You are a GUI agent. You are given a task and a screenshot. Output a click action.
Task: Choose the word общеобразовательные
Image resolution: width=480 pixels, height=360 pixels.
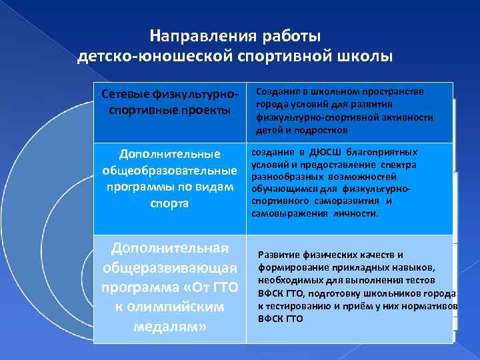tap(170, 171)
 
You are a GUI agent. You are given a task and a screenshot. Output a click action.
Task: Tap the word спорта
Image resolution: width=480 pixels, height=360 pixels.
tap(169, 203)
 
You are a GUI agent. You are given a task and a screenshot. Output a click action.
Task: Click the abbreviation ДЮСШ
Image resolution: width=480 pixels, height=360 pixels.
tap(315, 152)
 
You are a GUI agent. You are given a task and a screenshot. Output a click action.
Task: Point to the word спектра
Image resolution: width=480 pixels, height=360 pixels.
tap(398, 165)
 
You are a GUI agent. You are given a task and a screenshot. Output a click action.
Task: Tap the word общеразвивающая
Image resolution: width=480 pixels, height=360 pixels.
tap(169, 268)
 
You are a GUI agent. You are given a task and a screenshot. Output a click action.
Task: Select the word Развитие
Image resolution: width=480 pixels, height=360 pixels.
tap(280, 255)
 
